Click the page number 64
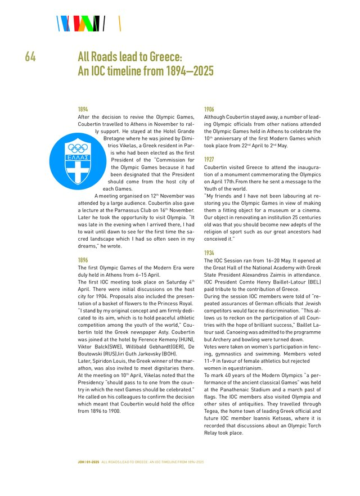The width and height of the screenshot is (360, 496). click(30, 57)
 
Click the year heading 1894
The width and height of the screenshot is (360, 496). click(82, 109)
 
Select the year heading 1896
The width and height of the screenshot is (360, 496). click(82, 260)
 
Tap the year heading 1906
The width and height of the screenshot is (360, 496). click(209, 109)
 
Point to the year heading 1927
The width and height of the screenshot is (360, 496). click(209, 159)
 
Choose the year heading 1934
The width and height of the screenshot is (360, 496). click(209, 253)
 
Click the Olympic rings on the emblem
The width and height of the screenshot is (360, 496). click(78, 148)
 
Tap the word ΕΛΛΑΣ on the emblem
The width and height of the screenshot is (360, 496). click(78, 157)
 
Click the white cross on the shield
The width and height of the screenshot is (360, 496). click(78, 171)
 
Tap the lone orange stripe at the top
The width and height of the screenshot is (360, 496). click(120, 23)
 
